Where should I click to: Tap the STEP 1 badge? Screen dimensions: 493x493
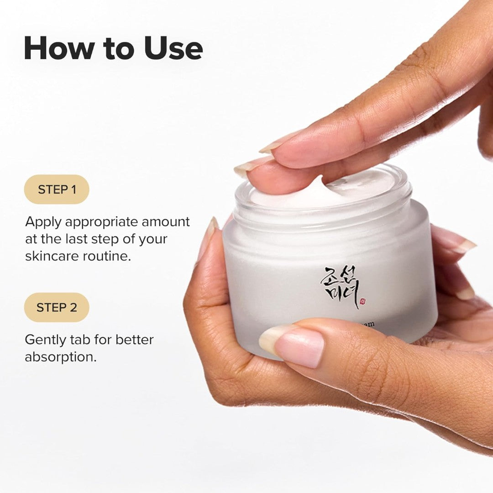[57, 189]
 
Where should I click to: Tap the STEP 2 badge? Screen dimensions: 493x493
[57, 307]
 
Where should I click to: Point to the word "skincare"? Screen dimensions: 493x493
[52, 256]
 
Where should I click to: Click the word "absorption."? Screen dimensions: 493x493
[61, 357]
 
